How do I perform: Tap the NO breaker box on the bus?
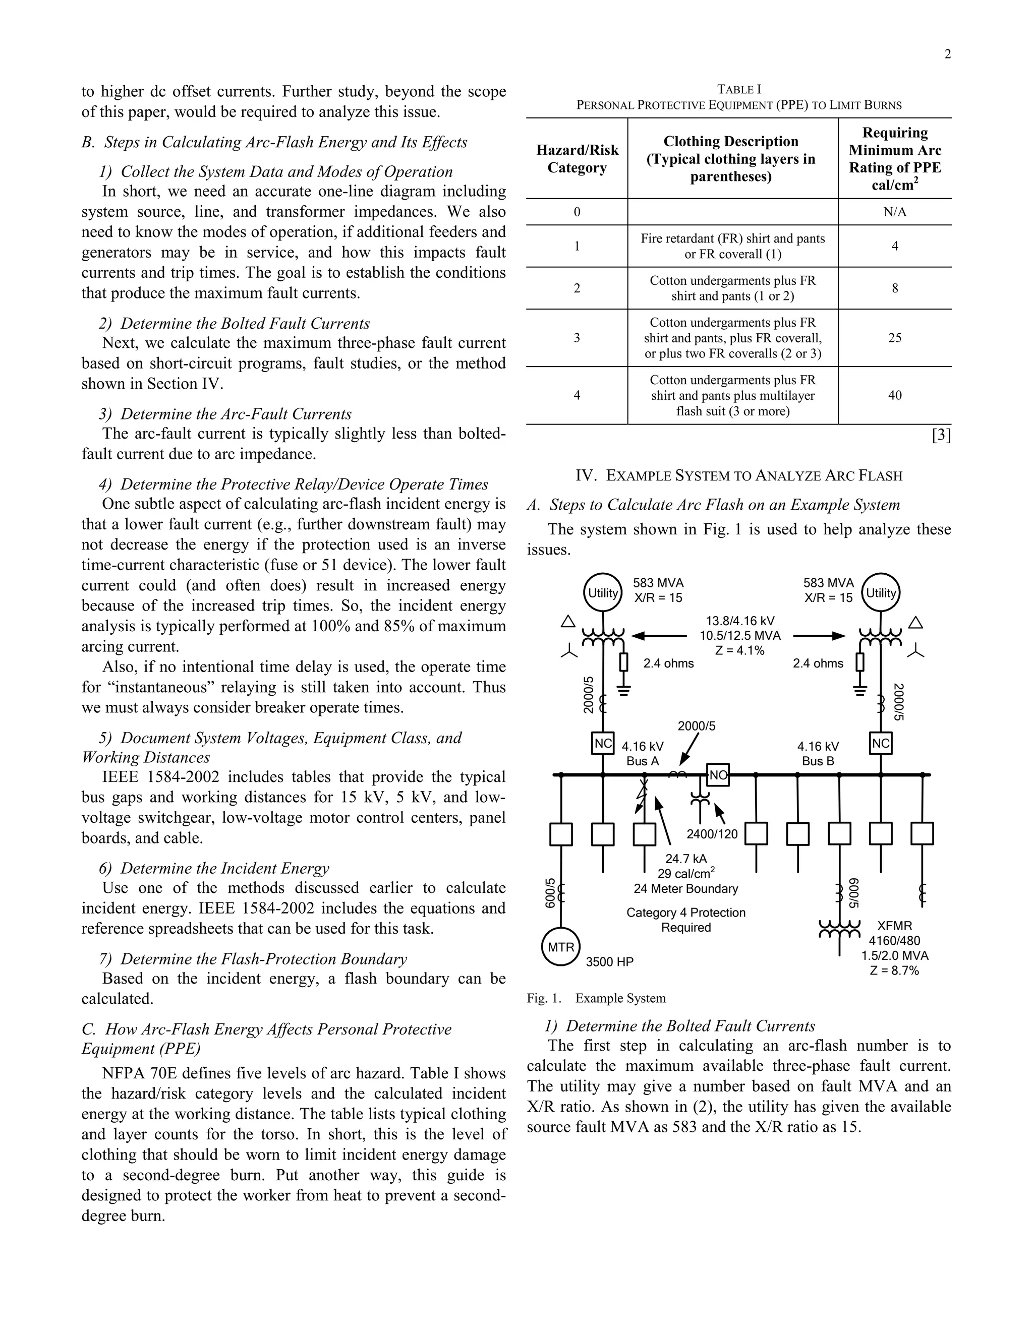(x=718, y=775)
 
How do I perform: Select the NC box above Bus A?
(x=603, y=744)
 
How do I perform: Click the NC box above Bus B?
(x=881, y=744)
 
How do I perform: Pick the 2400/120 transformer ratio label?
(x=712, y=834)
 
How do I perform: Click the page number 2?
(x=947, y=54)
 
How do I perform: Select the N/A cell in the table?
(x=895, y=212)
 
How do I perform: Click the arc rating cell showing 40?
(x=895, y=396)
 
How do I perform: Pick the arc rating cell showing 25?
(x=895, y=338)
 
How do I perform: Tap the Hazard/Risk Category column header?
(x=577, y=159)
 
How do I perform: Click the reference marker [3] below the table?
(x=941, y=435)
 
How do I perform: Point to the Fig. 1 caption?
(x=596, y=998)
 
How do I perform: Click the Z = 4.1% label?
(x=740, y=651)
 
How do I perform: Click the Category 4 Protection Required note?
(x=686, y=920)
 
